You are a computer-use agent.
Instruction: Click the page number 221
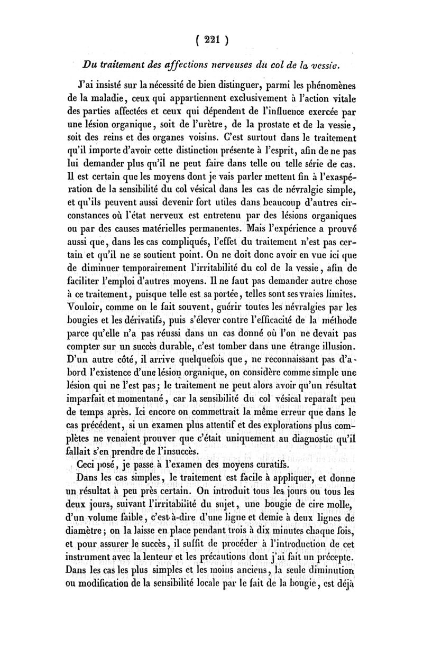[x=211, y=40]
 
